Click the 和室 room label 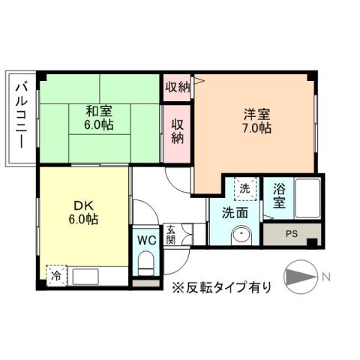pyautogui.click(x=100, y=112)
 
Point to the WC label pyautogui.click(x=145, y=241)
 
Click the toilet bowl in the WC pyautogui.click(x=146, y=264)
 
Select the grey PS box pyautogui.click(x=292, y=234)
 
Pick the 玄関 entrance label pyautogui.click(x=170, y=235)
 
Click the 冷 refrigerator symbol pyautogui.click(x=56, y=275)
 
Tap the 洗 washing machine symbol pyautogui.click(x=244, y=188)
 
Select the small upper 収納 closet pyautogui.click(x=178, y=87)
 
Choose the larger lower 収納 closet pyautogui.click(x=178, y=130)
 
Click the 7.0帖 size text pyautogui.click(x=256, y=128)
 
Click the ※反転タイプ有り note pyautogui.click(x=222, y=286)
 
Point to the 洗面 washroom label pyautogui.click(x=235, y=213)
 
